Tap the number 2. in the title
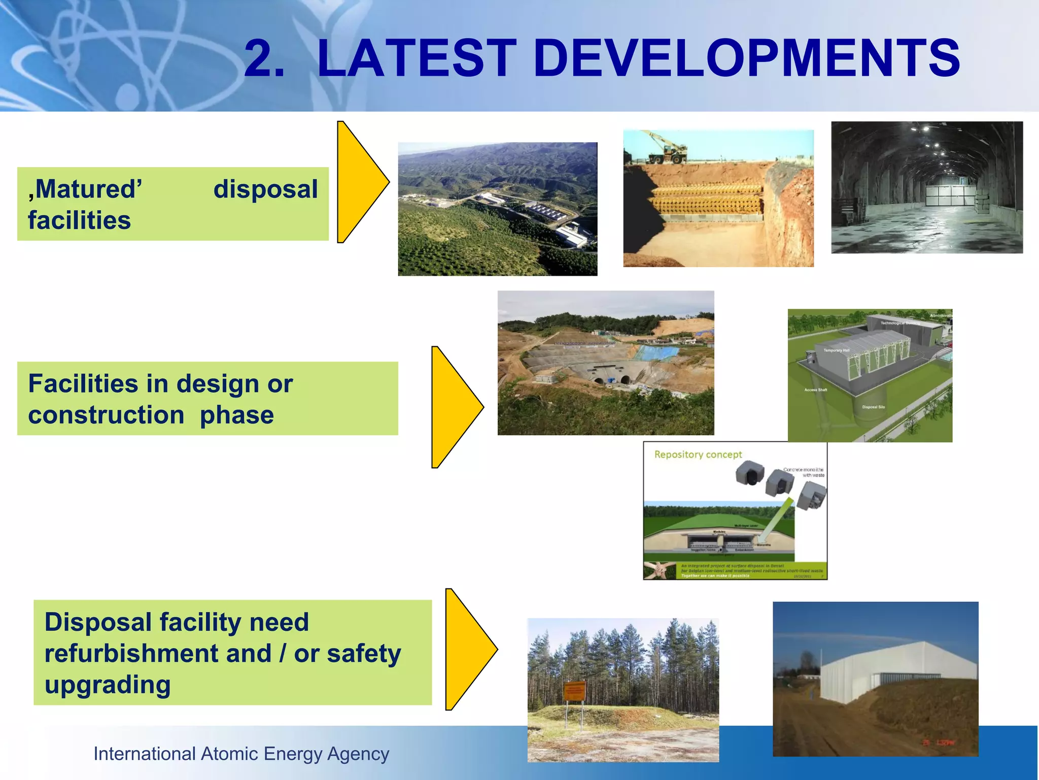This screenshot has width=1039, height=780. click(x=264, y=59)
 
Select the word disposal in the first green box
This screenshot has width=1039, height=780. click(x=265, y=189)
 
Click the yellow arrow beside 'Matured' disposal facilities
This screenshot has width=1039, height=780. click(x=359, y=182)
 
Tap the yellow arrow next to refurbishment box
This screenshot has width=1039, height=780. click(x=467, y=649)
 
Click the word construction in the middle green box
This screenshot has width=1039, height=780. click(x=106, y=415)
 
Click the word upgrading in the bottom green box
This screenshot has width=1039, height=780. click(x=108, y=685)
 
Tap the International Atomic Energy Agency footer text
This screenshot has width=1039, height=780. click(x=241, y=754)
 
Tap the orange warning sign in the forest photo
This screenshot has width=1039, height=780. click(x=574, y=691)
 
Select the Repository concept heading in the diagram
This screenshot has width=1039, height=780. click(x=698, y=454)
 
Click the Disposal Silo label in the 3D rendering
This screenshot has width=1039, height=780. click(x=874, y=407)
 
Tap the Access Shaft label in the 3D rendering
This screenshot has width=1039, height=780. click(x=815, y=389)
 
